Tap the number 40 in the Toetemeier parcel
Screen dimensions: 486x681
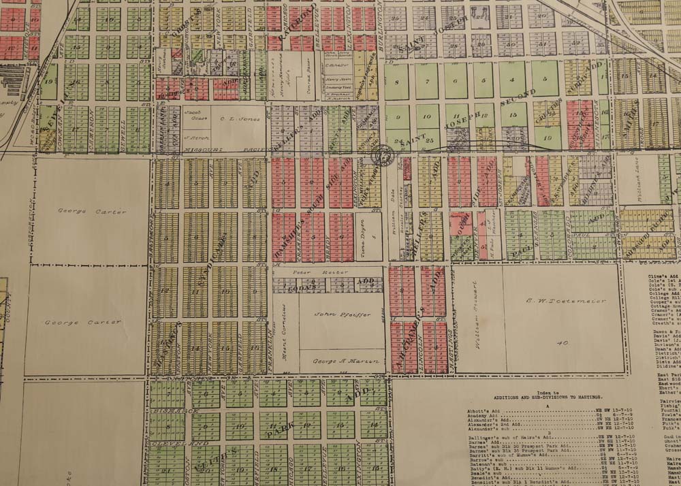563,342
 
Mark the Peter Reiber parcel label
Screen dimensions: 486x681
311,272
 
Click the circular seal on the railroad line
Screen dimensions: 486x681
383,156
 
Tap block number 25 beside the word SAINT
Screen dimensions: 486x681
429,140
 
